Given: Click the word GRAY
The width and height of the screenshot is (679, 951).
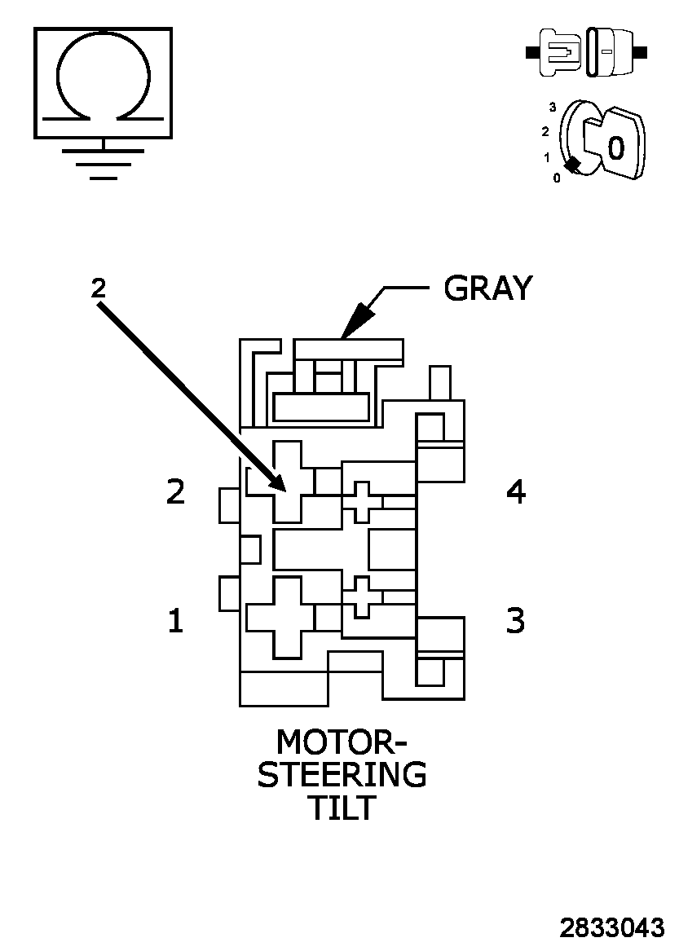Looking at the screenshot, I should (x=487, y=288).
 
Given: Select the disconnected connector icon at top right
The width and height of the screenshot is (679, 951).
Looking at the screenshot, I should (x=587, y=52).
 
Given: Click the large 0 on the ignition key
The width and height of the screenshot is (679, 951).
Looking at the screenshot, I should (x=616, y=147).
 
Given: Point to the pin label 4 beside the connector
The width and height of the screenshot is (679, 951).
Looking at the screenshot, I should (x=515, y=491).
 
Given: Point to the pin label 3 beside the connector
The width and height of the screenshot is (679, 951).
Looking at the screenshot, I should (x=515, y=621).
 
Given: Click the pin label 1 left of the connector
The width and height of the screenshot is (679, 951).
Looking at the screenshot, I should (x=175, y=621).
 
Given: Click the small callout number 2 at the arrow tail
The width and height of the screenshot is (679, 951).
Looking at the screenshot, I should (x=98, y=287).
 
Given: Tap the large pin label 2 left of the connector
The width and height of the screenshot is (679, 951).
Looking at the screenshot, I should (x=175, y=491).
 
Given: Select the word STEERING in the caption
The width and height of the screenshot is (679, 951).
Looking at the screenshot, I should (x=342, y=774).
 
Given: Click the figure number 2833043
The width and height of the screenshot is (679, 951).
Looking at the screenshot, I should (x=611, y=928).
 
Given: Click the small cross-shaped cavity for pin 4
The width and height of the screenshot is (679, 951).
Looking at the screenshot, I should (x=362, y=501).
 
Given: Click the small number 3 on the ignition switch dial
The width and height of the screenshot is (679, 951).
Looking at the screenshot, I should (x=553, y=107).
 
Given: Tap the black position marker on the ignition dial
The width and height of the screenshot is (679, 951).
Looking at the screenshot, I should (x=573, y=165).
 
